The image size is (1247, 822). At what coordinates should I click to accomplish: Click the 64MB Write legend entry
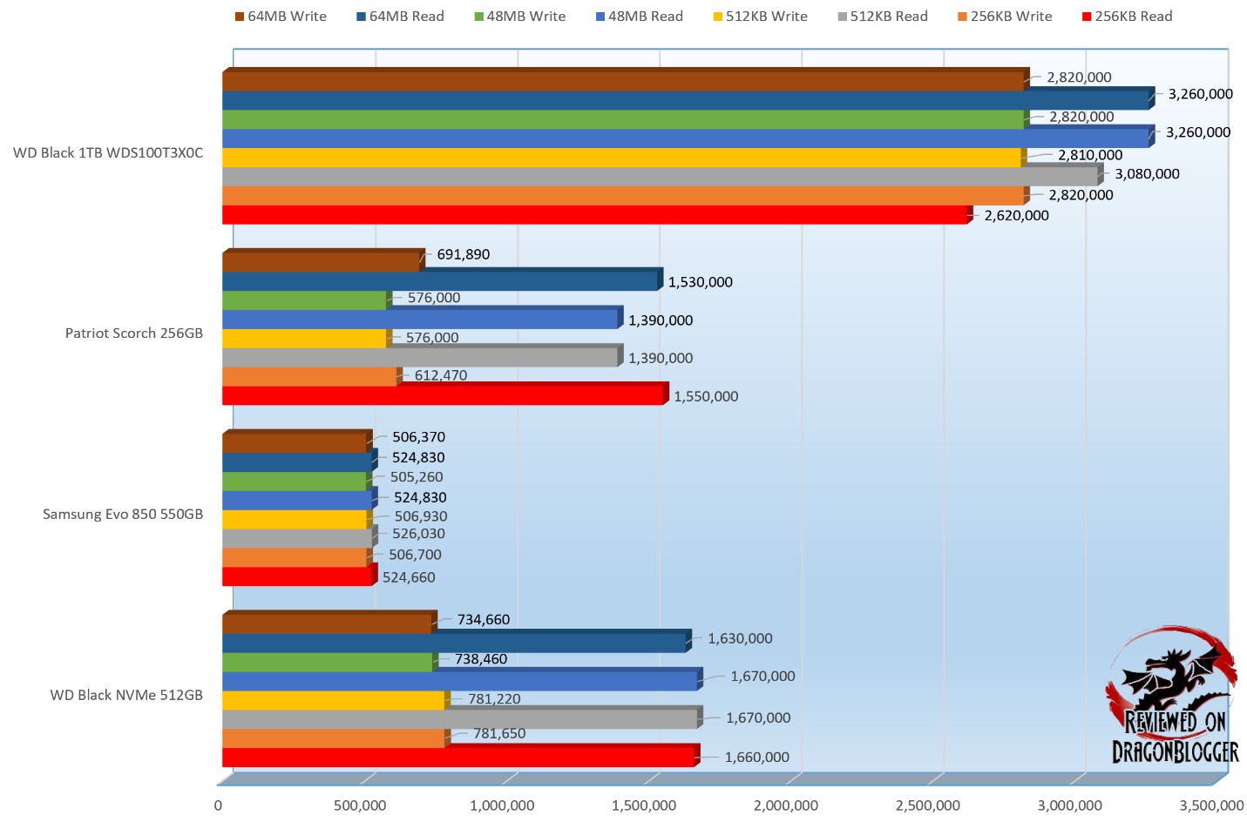(281, 17)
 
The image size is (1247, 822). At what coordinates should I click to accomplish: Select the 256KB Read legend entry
(1127, 17)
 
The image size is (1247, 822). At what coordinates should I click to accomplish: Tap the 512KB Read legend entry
(883, 17)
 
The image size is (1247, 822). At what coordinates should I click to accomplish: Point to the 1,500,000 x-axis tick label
(644, 805)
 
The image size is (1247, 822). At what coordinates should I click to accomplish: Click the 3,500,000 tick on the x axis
(1211, 805)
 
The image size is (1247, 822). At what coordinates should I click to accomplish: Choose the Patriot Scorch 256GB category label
(134, 334)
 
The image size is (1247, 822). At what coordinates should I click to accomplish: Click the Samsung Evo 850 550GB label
(123, 515)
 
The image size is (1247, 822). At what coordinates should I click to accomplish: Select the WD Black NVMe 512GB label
(126, 695)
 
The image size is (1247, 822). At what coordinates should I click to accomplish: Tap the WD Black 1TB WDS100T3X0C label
(108, 153)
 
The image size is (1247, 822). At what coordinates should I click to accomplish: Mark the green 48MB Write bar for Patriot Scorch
(304, 301)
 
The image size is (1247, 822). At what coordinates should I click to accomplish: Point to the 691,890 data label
(464, 254)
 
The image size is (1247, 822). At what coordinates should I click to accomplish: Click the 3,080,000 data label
(1147, 174)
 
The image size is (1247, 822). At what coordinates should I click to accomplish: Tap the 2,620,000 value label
(1016, 216)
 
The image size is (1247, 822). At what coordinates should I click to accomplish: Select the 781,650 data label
(499, 733)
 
